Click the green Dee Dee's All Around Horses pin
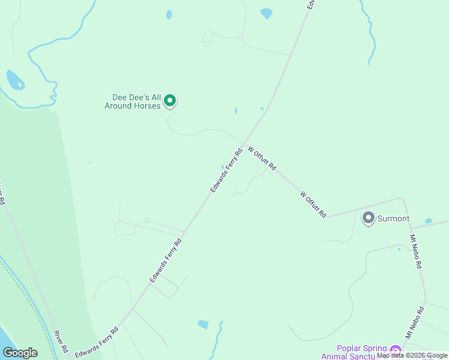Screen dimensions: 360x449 pyautogui.click(x=170, y=101)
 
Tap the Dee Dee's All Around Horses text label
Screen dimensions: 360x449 pyautogui.click(x=137, y=101)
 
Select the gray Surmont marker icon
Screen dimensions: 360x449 pyautogui.click(x=368, y=218)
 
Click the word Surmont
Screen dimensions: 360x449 pyautogui.click(x=393, y=219)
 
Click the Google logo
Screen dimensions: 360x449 pyautogui.click(x=20, y=352)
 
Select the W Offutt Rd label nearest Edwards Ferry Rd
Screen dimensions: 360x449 pyautogui.click(x=262, y=157)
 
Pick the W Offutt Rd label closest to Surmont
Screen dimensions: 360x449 pyautogui.click(x=313, y=204)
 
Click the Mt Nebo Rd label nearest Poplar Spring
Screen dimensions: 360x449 pyautogui.click(x=414, y=322)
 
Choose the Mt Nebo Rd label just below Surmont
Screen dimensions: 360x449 pyautogui.click(x=416, y=251)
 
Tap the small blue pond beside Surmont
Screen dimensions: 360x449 pyautogui.click(x=428, y=221)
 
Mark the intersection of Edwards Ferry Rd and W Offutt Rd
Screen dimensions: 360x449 pyautogui.click(x=244, y=143)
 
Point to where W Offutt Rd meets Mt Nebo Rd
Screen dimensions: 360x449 pyautogui.click(x=402, y=199)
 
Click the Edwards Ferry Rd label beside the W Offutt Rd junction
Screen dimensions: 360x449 pyautogui.click(x=226, y=170)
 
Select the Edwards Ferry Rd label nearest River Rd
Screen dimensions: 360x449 pyautogui.click(x=97, y=343)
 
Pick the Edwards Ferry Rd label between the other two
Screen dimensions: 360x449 pyautogui.click(x=166, y=261)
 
